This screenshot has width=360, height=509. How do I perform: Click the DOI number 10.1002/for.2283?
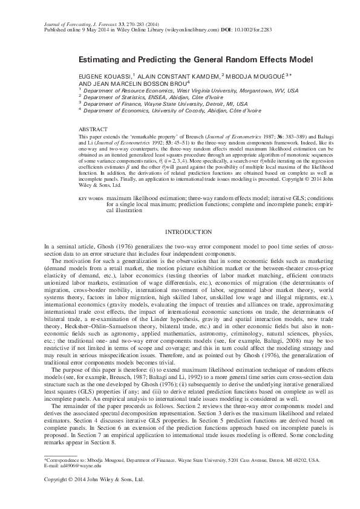point(249,28)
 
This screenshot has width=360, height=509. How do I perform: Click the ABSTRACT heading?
point(93,129)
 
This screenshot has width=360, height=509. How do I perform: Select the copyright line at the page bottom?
point(94,479)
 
